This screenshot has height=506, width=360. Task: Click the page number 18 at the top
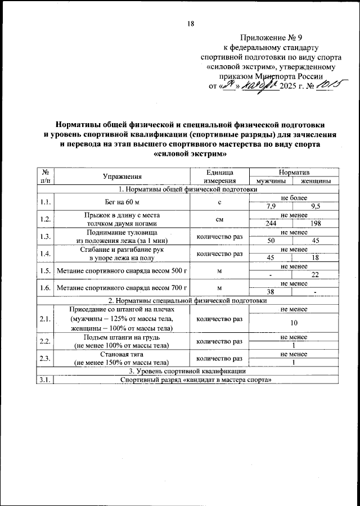(190, 24)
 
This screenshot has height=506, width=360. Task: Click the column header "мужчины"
(272, 181)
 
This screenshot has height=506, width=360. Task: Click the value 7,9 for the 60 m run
(272, 206)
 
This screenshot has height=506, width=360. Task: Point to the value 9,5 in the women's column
(316, 206)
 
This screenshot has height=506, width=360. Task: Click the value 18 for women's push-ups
(316, 258)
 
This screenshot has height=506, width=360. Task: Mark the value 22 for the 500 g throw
(316, 275)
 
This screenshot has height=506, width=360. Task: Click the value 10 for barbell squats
(294, 323)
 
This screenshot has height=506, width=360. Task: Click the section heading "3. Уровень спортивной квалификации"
(187, 372)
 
